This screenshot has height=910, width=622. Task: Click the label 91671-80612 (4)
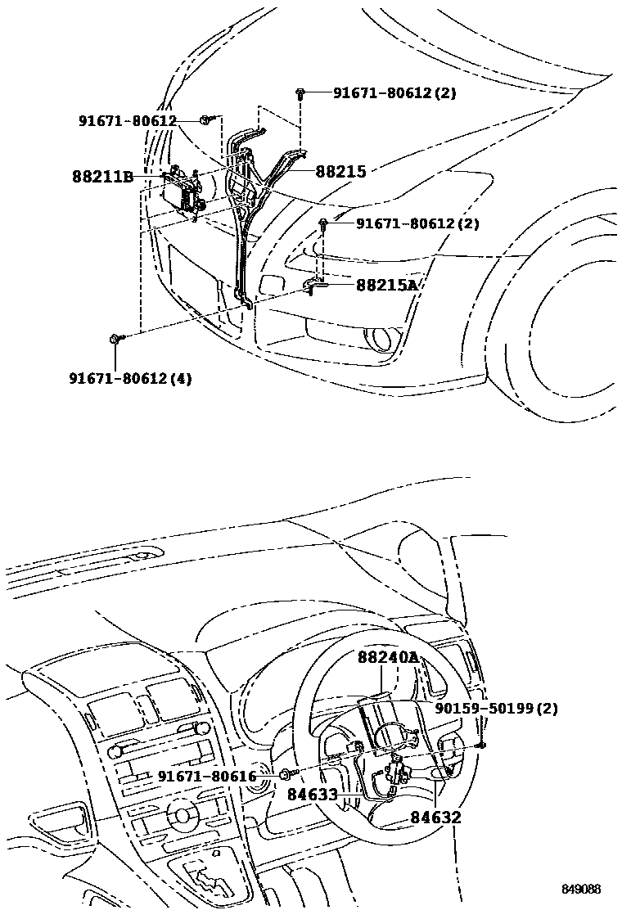click(130, 378)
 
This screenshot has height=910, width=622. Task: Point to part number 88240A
click(387, 658)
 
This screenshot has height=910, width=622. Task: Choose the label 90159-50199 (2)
click(496, 708)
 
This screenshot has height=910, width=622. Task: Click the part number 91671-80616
click(207, 776)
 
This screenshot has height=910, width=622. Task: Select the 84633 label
click(313, 794)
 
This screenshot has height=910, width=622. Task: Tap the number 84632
click(435, 817)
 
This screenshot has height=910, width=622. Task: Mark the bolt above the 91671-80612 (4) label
click(115, 338)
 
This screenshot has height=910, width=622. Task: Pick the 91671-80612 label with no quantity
click(128, 121)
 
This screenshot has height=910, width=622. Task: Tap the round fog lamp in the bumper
click(380, 337)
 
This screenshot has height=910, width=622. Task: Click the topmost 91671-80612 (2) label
click(394, 93)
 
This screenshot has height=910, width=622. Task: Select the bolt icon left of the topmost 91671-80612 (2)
click(303, 94)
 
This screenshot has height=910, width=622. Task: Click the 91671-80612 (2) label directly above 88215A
click(417, 223)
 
